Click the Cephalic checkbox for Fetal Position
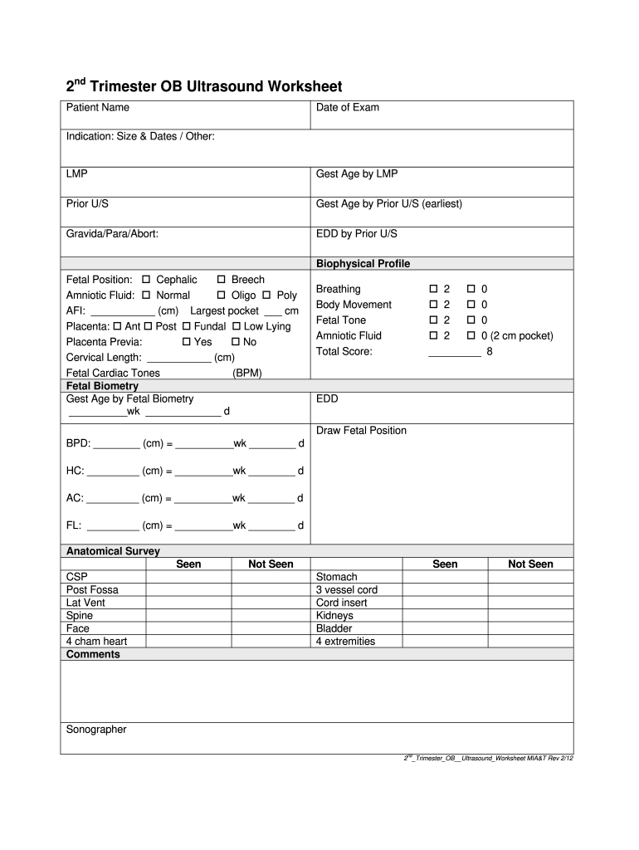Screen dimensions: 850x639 146,281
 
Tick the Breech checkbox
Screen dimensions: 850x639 222,281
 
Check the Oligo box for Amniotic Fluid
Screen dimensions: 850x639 222,296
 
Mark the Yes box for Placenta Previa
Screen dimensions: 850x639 185,342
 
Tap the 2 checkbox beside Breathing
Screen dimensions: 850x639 433,289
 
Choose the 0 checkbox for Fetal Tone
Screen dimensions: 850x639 471,320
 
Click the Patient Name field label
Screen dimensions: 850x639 98,108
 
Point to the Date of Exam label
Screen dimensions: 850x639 348,108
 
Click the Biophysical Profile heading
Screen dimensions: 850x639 363,264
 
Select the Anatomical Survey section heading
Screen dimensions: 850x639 113,551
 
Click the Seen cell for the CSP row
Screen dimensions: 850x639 188,577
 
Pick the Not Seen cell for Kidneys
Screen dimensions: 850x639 529,616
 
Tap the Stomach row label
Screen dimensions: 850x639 337,577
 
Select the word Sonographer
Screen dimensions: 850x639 96,730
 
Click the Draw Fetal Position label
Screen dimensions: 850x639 361,431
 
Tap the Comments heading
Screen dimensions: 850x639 93,655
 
